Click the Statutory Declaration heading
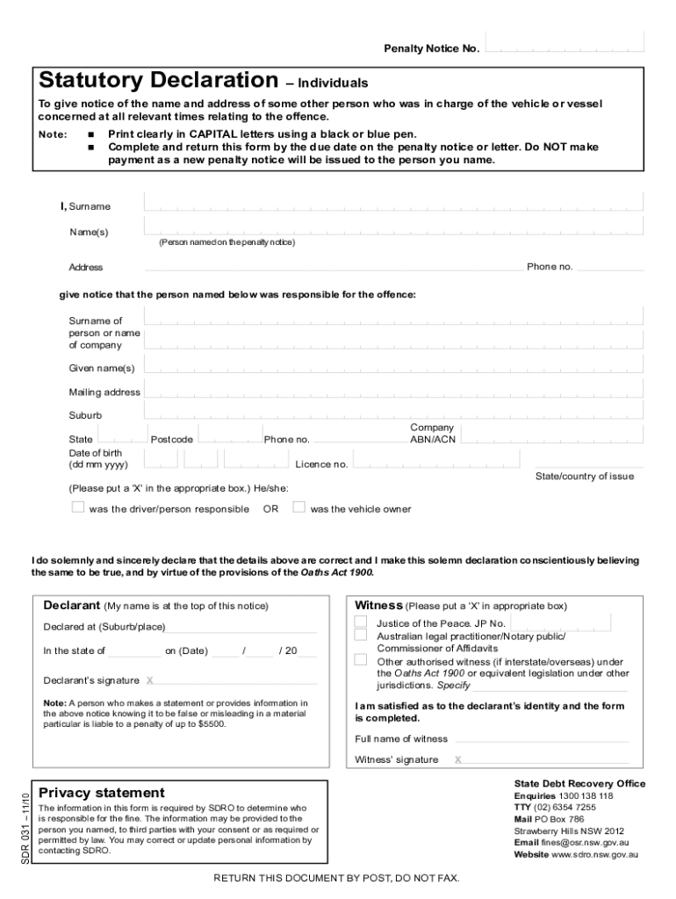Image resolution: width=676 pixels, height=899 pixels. point(158,81)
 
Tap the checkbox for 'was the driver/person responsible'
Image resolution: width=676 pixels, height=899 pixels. point(77,507)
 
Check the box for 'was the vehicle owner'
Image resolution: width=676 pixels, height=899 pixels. point(298,507)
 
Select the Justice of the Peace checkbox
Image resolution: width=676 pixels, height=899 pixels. point(361,622)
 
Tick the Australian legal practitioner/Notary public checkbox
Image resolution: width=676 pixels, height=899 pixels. point(361,635)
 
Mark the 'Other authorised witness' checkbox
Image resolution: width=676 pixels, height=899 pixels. point(361,660)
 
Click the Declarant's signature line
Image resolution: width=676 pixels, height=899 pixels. point(237,680)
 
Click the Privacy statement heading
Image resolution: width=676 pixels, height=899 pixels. point(101,792)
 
